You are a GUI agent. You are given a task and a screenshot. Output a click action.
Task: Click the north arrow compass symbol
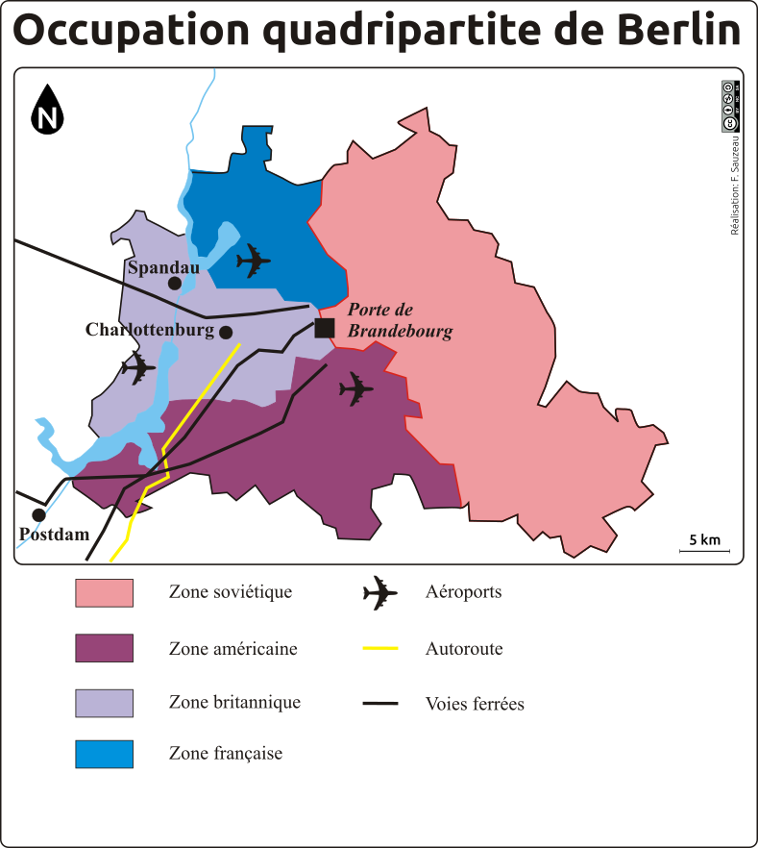click(47, 109)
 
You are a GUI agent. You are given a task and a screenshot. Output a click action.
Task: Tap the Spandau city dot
click(175, 283)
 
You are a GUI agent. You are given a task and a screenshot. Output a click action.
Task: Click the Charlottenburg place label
click(149, 330)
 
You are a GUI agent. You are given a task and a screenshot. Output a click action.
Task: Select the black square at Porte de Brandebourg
click(325, 328)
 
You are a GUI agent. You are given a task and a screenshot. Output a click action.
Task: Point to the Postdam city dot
click(39, 514)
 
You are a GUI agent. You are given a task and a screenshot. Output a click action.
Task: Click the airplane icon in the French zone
click(254, 260)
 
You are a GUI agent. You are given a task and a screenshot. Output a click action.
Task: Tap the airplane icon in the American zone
click(356, 389)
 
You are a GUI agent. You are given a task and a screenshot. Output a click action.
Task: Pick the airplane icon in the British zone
click(138, 367)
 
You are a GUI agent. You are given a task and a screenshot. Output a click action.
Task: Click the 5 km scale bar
click(704, 547)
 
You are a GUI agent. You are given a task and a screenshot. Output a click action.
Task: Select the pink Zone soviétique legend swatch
click(104, 593)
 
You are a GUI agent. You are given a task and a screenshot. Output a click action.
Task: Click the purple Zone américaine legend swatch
click(104, 649)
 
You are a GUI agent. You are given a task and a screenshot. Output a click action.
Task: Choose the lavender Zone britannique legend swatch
click(104, 703)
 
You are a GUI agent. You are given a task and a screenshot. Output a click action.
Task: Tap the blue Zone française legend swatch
click(104, 754)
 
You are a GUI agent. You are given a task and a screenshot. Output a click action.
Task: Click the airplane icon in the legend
click(380, 593)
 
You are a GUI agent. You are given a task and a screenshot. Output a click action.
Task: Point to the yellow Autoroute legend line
click(380, 649)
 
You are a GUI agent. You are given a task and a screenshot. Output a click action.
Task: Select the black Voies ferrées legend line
click(380, 704)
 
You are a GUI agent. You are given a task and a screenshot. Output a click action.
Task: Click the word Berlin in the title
click(664, 32)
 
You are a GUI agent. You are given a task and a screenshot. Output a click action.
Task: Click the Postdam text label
click(54, 535)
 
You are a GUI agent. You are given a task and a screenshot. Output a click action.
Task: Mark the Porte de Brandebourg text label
click(399, 320)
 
